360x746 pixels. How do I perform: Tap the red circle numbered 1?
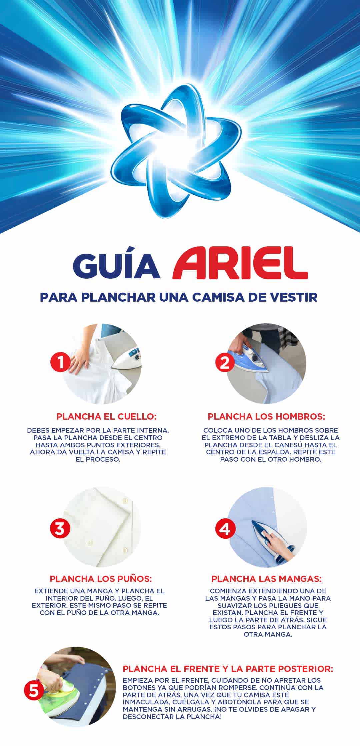tap(60, 362)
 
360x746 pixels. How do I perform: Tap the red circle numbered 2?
tap(225, 362)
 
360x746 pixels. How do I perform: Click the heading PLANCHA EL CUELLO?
tap(106, 416)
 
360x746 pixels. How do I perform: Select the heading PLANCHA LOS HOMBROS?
tap(266, 416)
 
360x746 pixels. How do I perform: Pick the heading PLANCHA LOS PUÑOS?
tap(101, 579)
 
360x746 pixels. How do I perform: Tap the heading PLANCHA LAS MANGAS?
tap(266, 579)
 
